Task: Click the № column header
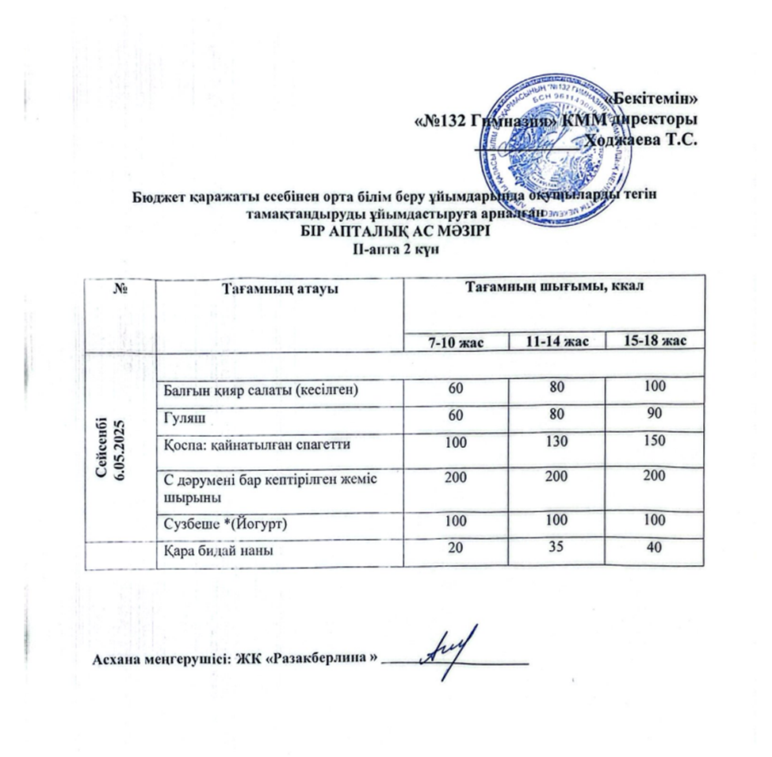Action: [121, 289]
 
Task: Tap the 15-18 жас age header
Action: [653, 341]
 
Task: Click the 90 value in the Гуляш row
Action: [653, 412]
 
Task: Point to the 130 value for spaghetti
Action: [555, 442]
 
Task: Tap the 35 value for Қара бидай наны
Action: [555, 550]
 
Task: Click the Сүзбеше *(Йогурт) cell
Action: [213, 525]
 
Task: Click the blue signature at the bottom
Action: [450, 646]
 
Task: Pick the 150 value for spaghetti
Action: [653, 442]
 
